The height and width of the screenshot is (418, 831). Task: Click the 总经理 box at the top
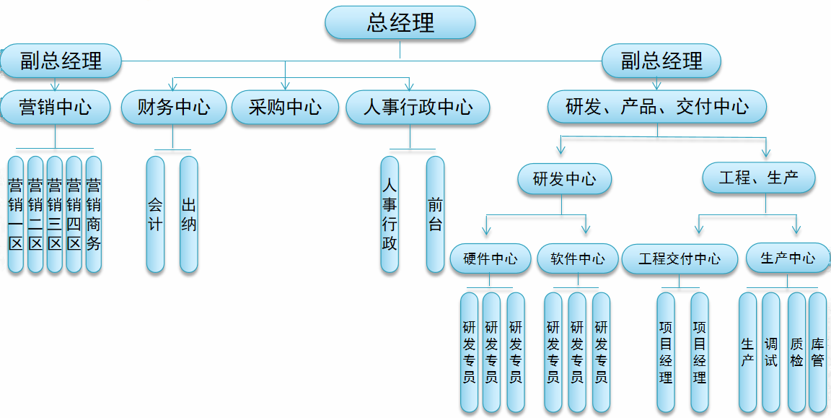[400, 22]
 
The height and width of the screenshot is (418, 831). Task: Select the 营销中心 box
[56, 108]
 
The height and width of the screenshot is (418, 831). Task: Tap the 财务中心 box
[174, 108]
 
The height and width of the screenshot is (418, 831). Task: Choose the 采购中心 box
[285, 108]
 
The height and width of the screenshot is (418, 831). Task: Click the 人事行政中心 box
[418, 108]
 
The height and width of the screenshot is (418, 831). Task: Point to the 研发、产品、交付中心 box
[657, 108]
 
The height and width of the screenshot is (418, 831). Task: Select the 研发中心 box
[565, 179]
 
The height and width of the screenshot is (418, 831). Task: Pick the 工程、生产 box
[759, 178]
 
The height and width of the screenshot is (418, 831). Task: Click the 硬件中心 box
[491, 258]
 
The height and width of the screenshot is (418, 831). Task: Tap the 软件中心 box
[578, 258]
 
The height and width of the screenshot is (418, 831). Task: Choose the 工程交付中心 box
[680, 258]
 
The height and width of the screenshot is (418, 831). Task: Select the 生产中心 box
[788, 258]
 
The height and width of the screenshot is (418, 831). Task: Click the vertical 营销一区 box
[16, 214]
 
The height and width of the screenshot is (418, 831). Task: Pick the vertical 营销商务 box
[94, 214]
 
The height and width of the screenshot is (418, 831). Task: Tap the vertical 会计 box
[155, 214]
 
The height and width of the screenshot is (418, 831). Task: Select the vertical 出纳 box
[189, 214]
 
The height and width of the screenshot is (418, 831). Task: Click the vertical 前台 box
[435, 214]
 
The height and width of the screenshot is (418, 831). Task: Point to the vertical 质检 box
[796, 352]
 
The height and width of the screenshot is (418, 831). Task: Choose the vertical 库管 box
[817, 352]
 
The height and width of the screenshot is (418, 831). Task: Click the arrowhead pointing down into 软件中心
[586, 230]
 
